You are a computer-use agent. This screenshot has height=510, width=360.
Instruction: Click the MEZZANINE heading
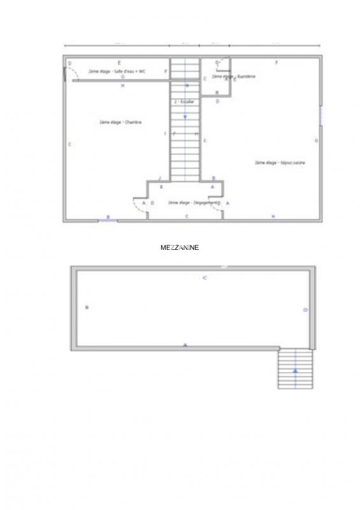pos(180,247)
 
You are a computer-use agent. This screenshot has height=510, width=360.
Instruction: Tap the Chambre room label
pos(120,122)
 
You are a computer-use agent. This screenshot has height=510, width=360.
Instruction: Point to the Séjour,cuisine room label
pos(280,163)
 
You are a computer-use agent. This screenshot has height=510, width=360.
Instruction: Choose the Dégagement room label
pos(188,203)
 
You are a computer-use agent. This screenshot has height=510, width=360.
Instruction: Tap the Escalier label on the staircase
pos(184,101)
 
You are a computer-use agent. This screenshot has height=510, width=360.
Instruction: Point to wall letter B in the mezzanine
pos(87,308)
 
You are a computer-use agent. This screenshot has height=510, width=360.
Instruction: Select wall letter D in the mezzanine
pos(305,310)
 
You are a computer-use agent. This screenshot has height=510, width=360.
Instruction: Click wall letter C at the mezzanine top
pos(205,278)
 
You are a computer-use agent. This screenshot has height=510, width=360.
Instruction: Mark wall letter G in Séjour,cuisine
pos(316,140)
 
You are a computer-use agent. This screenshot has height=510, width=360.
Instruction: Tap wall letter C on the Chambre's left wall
pos(69,144)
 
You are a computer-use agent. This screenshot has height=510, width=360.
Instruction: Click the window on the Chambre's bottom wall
pos(107,221)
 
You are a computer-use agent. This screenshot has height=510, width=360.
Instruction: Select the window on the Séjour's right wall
pos(321,115)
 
